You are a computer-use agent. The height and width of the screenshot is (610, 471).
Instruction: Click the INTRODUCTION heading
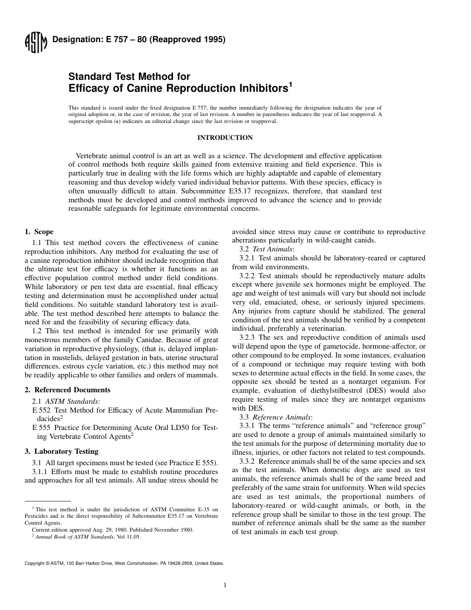click(225, 138)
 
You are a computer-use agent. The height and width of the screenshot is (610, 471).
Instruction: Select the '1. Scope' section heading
click(39, 232)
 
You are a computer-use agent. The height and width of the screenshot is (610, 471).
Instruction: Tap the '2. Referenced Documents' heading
click(67, 390)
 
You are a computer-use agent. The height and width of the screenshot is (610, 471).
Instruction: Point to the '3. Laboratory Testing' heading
click(61, 451)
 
